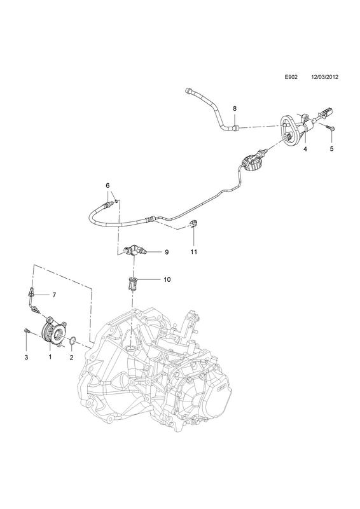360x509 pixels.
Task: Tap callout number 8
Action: point(235,108)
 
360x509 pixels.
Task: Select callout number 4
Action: point(305,149)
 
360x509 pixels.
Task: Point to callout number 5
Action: point(331,149)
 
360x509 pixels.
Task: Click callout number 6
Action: point(107,185)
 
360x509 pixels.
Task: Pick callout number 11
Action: point(194,251)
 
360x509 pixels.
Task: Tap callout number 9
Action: point(167,252)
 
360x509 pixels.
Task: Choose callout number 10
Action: point(167,279)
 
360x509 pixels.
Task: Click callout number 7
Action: point(54,295)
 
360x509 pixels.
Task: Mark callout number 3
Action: point(26,358)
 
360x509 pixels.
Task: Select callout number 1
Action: point(50,357)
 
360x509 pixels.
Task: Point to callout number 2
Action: point(71,358)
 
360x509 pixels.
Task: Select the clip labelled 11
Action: point(193,223)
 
